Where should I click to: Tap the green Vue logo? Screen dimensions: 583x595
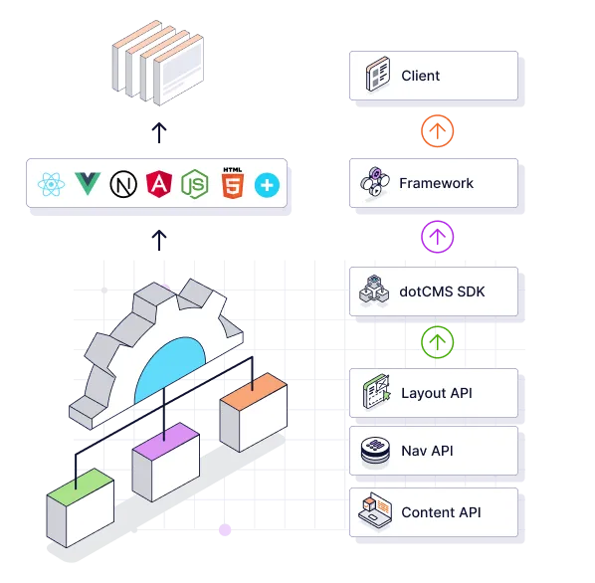coord(88,184)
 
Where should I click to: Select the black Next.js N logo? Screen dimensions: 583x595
coord(123,184)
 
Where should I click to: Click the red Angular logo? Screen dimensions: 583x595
coord(158,184)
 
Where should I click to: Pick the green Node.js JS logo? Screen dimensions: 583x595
coord(194,185)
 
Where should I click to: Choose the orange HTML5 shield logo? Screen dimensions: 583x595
coord(231,184)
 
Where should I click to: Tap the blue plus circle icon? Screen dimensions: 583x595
coord(267,184)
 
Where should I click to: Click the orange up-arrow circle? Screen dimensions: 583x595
coord(437,130)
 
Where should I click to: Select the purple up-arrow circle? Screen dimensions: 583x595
coord(437,236)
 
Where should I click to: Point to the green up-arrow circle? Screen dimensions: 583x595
coord(437,341)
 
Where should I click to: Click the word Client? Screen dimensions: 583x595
coord(420,76)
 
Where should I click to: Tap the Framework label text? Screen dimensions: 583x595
coord(436,183)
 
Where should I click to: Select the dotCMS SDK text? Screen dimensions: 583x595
coord(443,292)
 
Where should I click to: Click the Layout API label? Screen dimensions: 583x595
coord(437,393)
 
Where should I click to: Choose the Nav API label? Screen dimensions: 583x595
coord(427,451)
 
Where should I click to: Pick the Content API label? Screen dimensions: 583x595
coord(441,512)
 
